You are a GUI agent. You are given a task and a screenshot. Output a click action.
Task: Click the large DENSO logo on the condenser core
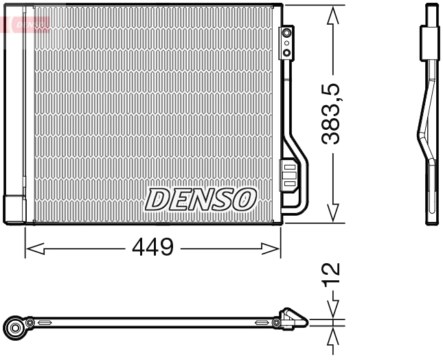click(x=200, y=199)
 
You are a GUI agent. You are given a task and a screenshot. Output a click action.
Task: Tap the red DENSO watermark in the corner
click(x=25, y=25)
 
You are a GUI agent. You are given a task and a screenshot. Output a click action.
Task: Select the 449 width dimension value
click(x=152, y=247)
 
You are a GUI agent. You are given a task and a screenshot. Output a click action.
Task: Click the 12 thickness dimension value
click(x=332, y=273)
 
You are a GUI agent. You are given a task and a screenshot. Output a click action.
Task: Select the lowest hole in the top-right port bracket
click(x=287, y=52)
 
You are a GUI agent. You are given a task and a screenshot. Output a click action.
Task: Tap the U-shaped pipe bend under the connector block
click(x=301, y=203)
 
